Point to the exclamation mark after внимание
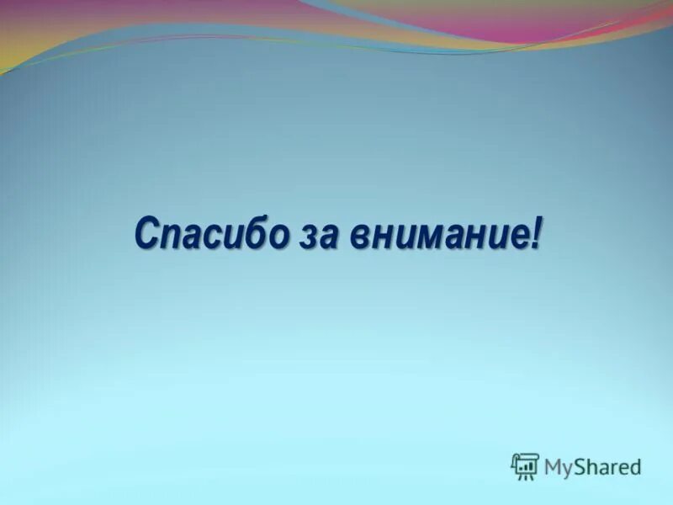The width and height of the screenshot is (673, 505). point(535,231)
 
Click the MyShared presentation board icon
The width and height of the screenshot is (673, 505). point(524,465)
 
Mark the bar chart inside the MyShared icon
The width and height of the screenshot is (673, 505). point(524,464)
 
